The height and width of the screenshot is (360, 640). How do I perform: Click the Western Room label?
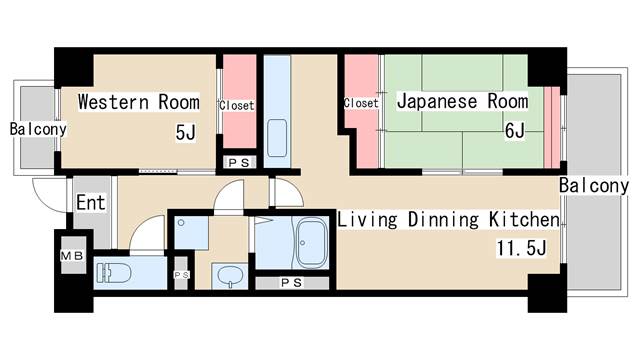point(139,102)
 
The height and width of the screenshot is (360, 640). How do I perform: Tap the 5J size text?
point(186,132)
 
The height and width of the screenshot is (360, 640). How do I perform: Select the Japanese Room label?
point(462,101)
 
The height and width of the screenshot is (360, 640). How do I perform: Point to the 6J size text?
point(515,131)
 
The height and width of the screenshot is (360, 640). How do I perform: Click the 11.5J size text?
point(521,248)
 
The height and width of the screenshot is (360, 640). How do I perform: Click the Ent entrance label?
point(91,202)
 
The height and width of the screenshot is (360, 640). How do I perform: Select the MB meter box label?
point(72,256)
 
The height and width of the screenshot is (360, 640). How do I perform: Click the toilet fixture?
point(113,273)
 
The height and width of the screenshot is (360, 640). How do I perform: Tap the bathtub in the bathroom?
point(312,243)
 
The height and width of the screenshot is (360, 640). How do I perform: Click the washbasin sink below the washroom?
point(230,276)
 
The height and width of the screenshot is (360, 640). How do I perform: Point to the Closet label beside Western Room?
point(237,105)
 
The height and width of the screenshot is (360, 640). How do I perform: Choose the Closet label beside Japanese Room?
point(361,103)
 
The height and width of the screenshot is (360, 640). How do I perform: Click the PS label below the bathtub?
point(292,282)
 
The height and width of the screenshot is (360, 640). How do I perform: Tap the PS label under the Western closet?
point(239,163)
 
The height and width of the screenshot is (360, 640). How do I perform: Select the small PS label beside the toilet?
point(182,275)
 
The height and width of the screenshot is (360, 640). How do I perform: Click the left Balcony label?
point(38,129)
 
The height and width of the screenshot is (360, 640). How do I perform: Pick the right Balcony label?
point(594,186)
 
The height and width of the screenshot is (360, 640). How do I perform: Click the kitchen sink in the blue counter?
point(277,138)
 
